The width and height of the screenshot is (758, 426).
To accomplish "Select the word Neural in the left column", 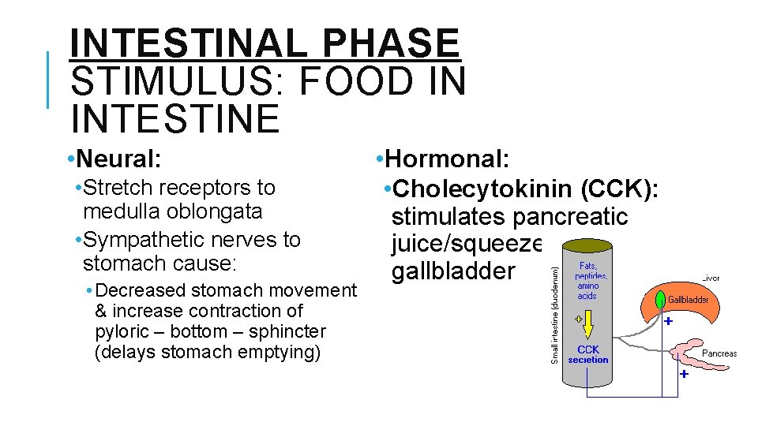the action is pyautogui.click(x=122, y=159).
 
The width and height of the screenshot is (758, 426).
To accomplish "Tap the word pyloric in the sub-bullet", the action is pyautogui.click(x=122, y=331).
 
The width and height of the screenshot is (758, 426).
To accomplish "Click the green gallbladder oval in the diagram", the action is pyautogui.click(x=659, y=301).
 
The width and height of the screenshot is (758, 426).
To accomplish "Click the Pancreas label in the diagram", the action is pyautogui.click(x=719, y=353).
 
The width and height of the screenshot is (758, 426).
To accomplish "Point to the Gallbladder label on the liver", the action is pyautogui.click(x=689, y=300).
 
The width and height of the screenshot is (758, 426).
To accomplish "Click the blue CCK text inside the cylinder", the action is pyautogui.click(x=588, y=349).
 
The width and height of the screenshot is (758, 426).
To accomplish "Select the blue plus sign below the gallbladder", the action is pyautogui.click(x=668, y=322).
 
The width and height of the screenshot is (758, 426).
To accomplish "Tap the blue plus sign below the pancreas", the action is pyautogui.click(x=684, y=375).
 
